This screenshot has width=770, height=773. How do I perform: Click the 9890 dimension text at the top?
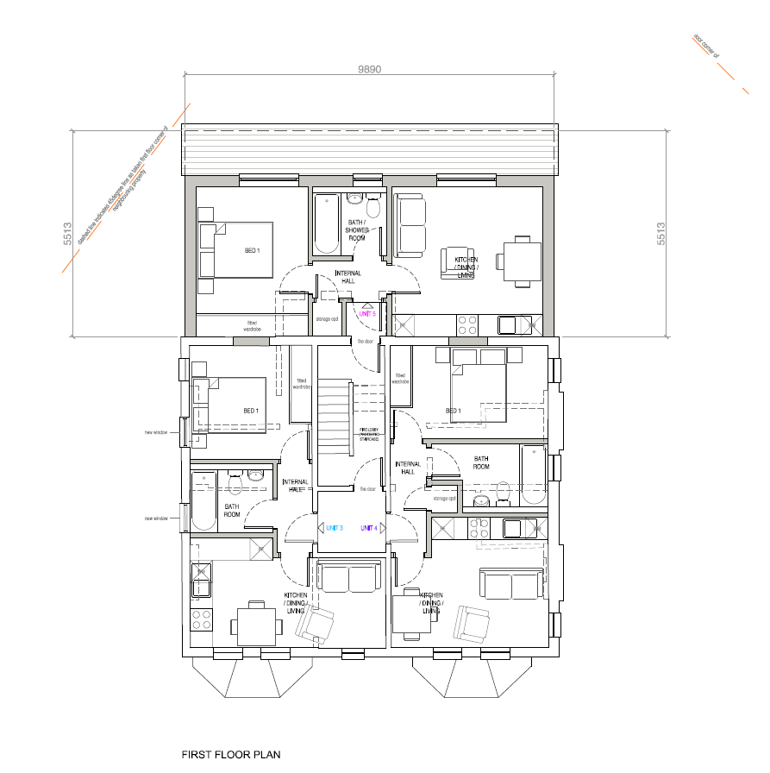369,69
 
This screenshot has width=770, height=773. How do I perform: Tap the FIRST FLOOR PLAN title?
230,754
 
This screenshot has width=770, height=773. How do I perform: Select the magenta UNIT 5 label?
367,314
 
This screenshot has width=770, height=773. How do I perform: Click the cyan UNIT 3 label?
334,528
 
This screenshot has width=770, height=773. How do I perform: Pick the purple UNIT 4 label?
368,528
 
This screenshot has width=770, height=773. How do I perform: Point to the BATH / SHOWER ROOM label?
357,230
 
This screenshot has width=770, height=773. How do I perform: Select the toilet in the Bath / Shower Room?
373,207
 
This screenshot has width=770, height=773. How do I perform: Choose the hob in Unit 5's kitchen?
466,325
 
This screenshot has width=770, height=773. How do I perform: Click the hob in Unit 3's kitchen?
202,619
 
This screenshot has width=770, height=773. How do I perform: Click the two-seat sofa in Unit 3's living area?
348,576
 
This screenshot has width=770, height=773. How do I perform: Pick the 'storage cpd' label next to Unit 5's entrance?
326,319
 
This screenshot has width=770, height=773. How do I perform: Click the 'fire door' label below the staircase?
367,489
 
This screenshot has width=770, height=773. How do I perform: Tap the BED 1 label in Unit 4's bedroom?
453,411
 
